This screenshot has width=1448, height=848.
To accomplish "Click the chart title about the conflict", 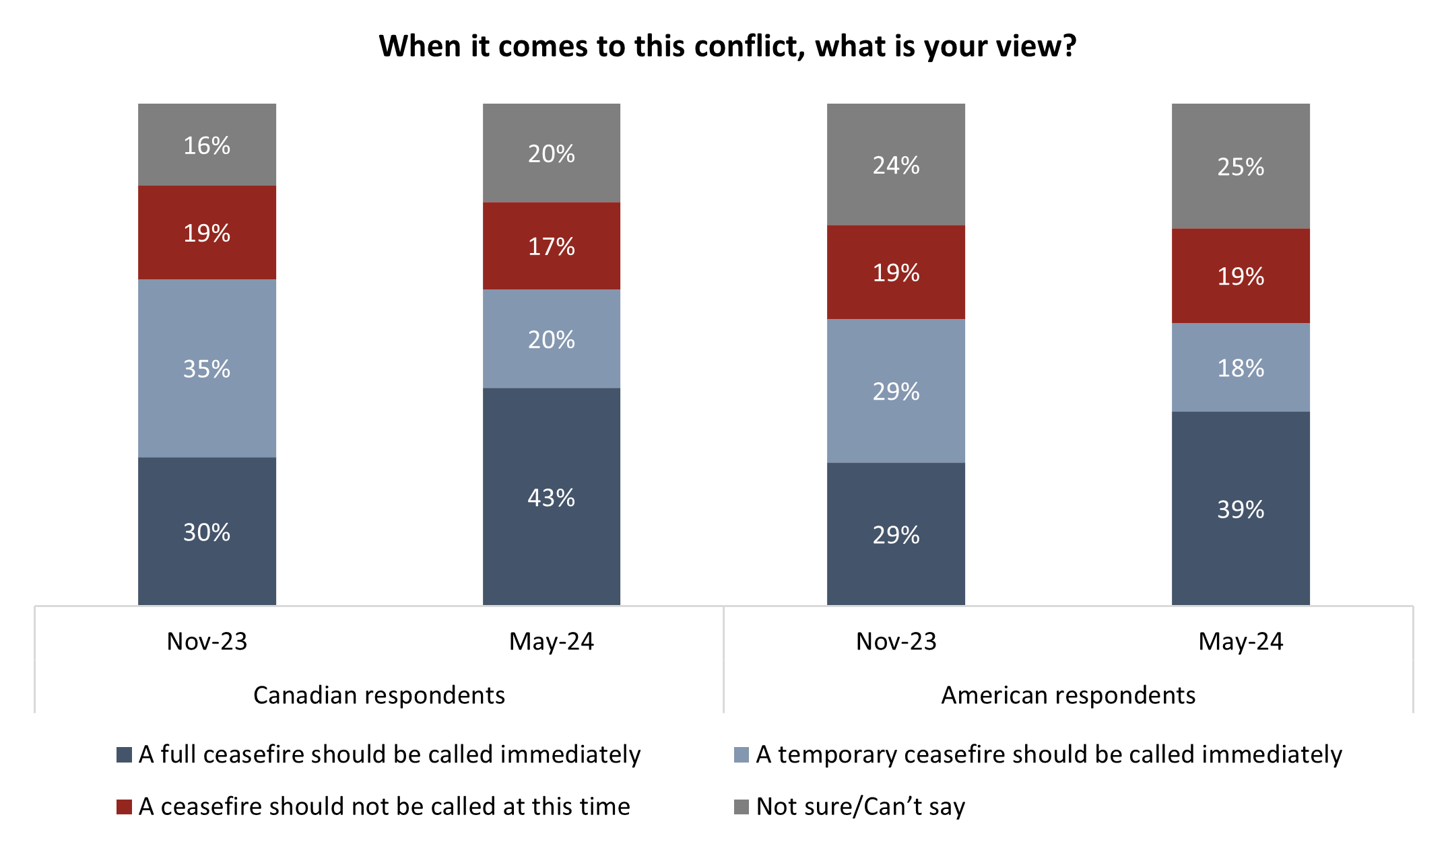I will click(x=727, y=46).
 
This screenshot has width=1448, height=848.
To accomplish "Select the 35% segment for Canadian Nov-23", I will click(x=207, y=368).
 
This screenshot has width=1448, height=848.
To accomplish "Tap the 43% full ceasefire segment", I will click(x=551, y=497).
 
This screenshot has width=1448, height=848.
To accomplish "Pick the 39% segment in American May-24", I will click(x=1240, y=508).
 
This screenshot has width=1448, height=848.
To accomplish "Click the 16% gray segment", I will click(x=207, y=145).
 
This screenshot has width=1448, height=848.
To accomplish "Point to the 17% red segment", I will click(x=551, y=246).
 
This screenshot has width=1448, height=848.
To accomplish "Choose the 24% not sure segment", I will click(x=896, y=164).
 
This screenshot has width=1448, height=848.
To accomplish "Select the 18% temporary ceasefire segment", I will click(x=1240, y=367).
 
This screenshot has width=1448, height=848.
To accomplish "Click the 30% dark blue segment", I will click(x=207, y=532).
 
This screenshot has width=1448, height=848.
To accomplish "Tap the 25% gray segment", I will click(x=1240, y=166).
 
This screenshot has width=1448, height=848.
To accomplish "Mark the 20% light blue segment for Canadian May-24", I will click(x=551, y=339).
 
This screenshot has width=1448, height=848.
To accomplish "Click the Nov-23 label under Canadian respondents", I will click(x=207, y=641).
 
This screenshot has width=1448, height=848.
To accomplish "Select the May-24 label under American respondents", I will click(x=1240, y=641).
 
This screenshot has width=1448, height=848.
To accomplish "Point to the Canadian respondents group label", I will click(x=379, y=695).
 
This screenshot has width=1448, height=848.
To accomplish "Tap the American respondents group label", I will click(x=1067, y=695).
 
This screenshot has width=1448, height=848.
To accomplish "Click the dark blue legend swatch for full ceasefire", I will click(x=124, y=754).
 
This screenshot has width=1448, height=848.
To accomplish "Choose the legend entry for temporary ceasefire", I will click(x=1049, y=754).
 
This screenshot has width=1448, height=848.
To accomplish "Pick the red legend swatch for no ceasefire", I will click(x=124, y=806).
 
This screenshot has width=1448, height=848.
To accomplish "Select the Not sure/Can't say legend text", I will click(x=860, y=806).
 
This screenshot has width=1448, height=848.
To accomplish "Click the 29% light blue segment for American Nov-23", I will click(x=896, y=390).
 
